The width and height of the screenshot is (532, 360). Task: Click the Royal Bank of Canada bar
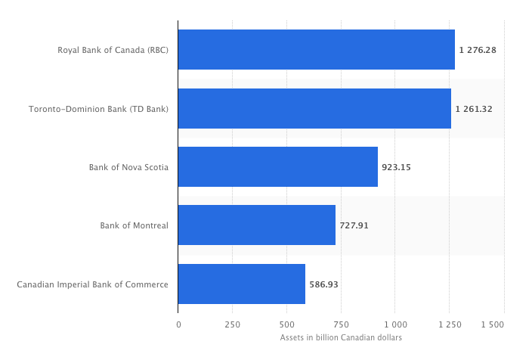point(316,50)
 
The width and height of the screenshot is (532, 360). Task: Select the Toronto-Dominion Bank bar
point(314,108)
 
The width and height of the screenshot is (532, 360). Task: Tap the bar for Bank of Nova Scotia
point(277,166)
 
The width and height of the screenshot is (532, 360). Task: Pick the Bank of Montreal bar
point(256,225)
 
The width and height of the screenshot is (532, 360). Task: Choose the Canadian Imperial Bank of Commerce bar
point(241,284)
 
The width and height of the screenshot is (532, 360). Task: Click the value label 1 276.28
point(477,50)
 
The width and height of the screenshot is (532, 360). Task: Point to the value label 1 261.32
point(473,108)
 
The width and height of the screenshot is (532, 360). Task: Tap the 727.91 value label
point(354,225)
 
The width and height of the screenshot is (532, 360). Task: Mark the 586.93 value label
point(323,284)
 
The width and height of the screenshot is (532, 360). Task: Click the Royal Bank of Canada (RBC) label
point(113,50)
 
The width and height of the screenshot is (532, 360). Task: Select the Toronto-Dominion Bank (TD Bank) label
point(98,108)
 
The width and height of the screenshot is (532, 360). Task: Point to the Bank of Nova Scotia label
point(128,166)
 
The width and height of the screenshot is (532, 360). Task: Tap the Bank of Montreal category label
point(134,225)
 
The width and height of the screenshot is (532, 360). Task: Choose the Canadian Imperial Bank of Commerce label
point(92,284)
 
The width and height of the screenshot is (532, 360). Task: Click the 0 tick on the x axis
point(178,324)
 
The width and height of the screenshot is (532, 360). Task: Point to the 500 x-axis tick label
point(286,324)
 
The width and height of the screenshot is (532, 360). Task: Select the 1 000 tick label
point(394,324)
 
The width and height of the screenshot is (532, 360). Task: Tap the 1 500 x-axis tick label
point(492,324)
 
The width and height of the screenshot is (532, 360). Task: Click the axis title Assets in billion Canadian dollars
point(341,337)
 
